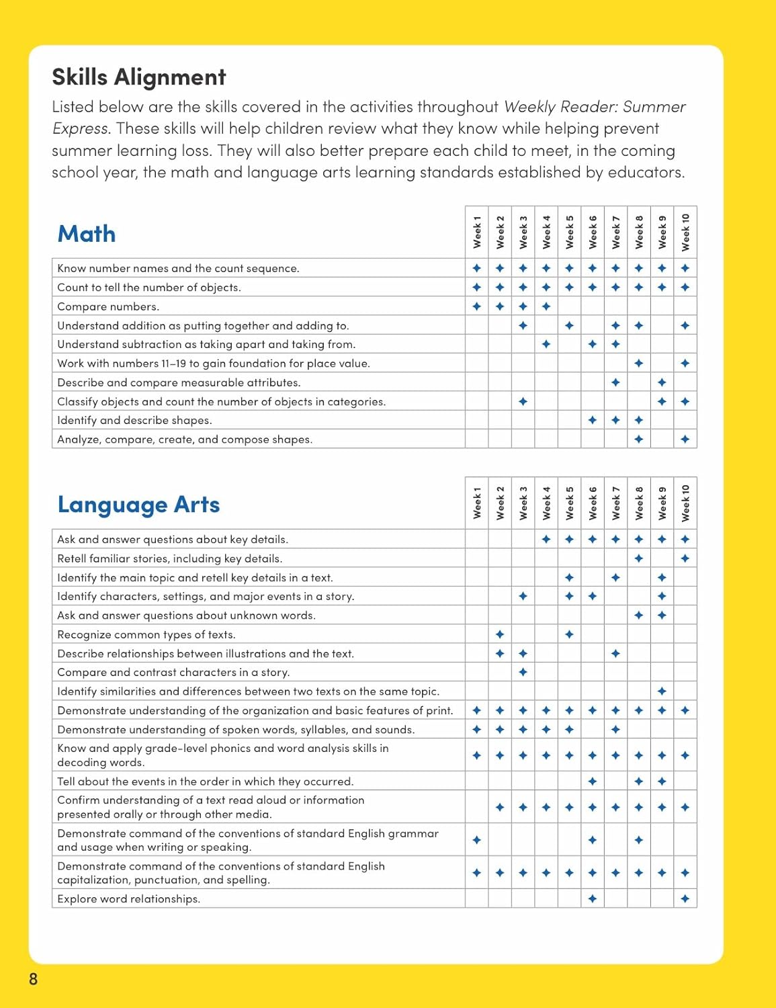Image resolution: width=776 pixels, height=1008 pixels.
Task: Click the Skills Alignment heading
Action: pos(139,77)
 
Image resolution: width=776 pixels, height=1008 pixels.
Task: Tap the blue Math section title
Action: pos(87,234)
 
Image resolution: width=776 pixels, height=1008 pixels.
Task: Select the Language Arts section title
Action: pos(138,505)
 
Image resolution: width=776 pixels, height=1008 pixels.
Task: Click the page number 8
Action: pos(34,979)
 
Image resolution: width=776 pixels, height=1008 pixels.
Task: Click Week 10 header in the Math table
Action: pos(685,233)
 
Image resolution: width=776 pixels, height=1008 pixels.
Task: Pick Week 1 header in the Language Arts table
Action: pos(477,503)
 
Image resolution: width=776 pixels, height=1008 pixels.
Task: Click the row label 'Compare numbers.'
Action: pos(108,306)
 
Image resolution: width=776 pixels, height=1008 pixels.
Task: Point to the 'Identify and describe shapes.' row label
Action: pos(134,421)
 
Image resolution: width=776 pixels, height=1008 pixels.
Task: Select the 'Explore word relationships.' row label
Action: pos(128,899)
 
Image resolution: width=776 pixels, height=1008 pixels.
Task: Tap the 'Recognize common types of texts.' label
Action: pos(146,635)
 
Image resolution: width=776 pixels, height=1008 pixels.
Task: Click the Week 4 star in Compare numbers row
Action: pos(546,306)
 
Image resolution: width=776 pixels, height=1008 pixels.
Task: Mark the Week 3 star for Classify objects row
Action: pos(523,402)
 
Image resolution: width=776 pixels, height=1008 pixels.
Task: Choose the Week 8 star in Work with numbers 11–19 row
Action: pos(639,364)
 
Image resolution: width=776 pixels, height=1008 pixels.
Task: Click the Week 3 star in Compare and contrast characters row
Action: pos(523,672)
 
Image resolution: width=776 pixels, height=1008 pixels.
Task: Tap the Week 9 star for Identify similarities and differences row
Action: pos(662,691)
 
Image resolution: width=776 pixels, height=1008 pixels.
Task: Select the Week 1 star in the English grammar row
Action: pos(477,840)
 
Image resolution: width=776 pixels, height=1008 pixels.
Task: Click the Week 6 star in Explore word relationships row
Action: pos(593,899)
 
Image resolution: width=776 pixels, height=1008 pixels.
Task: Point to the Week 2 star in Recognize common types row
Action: pos(500,634)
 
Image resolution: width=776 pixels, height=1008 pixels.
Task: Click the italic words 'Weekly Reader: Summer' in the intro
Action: pos(595,107)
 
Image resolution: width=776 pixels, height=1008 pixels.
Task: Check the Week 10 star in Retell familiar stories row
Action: pos(685,558)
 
